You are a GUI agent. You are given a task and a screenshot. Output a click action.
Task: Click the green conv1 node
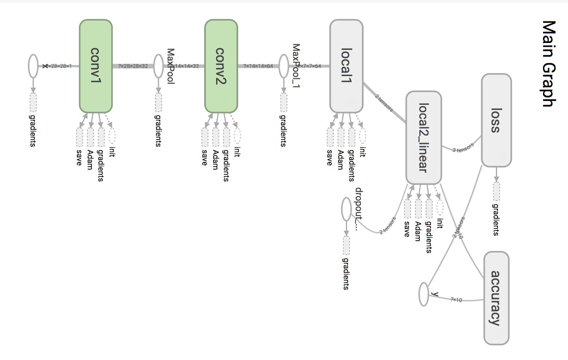click(96, 66)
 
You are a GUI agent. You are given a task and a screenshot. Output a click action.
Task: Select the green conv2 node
click(221, 66)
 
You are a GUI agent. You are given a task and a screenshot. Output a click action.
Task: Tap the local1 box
click(346, 66)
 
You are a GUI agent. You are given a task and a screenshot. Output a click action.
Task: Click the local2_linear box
click(424, 137)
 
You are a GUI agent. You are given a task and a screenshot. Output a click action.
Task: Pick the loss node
click(496, 120)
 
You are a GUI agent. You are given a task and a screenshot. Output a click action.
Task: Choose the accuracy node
click(496, 298)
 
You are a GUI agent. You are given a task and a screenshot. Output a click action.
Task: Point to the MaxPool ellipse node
click(158, 66)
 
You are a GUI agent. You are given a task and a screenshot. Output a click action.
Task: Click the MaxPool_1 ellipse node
click(283, 66)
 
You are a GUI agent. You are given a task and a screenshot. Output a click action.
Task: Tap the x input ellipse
click(33, 66)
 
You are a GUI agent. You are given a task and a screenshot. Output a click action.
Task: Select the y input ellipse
click(424, 294)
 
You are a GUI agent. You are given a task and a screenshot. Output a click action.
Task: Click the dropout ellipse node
click(346, 209)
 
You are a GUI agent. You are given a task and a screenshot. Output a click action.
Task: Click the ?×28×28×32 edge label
click(133, 66)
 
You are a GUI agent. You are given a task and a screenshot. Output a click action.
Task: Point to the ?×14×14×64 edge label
click(258, 66)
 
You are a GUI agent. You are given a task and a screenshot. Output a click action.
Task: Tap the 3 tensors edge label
click(463, 148)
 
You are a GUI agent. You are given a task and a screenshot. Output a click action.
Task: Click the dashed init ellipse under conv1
click(112, 136)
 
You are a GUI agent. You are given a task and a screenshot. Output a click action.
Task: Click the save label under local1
click(330, 157)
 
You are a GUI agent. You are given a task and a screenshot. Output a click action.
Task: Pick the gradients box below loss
click(496, 192)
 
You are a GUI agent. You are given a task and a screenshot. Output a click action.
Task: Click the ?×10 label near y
click(456, 299)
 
